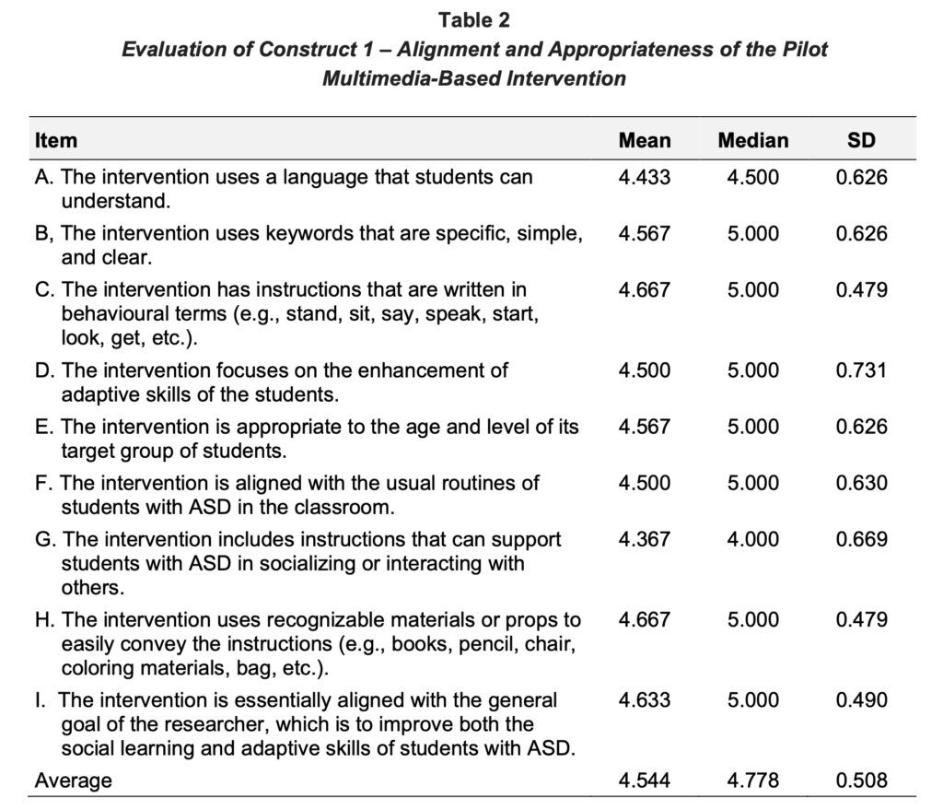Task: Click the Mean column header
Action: point(645,141)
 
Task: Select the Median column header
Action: point(752,141)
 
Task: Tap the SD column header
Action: point(861,141)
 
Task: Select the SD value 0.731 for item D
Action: point(861,370)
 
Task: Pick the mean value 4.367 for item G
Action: point(645,539)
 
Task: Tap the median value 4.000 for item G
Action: point(752,539)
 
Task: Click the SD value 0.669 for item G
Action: point(861,539)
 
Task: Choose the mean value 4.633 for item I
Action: point(645,700)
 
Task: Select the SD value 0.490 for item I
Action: point(861,700)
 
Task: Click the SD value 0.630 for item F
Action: point(861,483)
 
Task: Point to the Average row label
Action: point(73,781)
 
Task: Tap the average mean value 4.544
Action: point(645,781)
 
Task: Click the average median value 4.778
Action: point(752,781)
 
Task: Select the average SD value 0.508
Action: point(861,781)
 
